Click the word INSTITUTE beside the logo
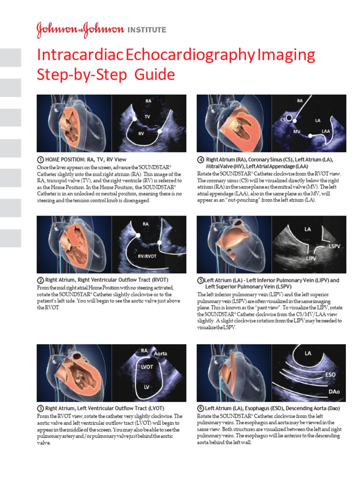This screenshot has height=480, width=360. click(x=147, y=30)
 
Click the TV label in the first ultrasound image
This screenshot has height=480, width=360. click(x=147, y=116)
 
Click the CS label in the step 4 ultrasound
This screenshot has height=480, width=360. click(x=283, y=120)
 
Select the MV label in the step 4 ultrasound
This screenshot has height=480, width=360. click(x=296, y=132)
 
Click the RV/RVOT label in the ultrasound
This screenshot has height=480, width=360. click(x=148, y=255)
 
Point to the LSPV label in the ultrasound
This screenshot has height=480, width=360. click(x=335, y=246)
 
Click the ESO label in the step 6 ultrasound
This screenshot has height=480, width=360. click(x=330, y=375)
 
